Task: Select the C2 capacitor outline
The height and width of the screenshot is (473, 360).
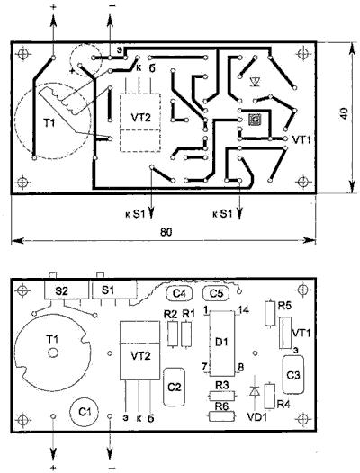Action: click(175, 387)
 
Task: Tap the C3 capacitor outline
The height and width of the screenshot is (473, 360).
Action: click(293, 375)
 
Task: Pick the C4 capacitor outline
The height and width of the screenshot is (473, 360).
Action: click(179, 293)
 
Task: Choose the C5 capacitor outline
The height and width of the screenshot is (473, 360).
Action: click(216, 293)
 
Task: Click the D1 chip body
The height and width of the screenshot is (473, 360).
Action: click(222, 343)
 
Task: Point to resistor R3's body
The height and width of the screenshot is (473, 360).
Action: click(222, 396)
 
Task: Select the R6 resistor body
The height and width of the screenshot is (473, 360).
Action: click(222, 416)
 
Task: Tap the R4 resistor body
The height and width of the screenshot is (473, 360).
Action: click(270, 396)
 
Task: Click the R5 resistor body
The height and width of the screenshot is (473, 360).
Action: click(270, 313)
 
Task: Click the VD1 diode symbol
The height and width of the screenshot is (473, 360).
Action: click(255, 391)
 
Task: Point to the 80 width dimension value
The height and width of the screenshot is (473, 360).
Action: click(166, 232)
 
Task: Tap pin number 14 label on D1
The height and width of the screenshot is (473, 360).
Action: click(243, 309)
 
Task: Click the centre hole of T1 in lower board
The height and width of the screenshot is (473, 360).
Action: click(53, 353)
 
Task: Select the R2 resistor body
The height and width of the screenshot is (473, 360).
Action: click(173, 335)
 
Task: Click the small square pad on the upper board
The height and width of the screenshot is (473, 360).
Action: click(255, 120)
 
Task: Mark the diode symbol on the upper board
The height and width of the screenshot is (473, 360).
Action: click(256, 81)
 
